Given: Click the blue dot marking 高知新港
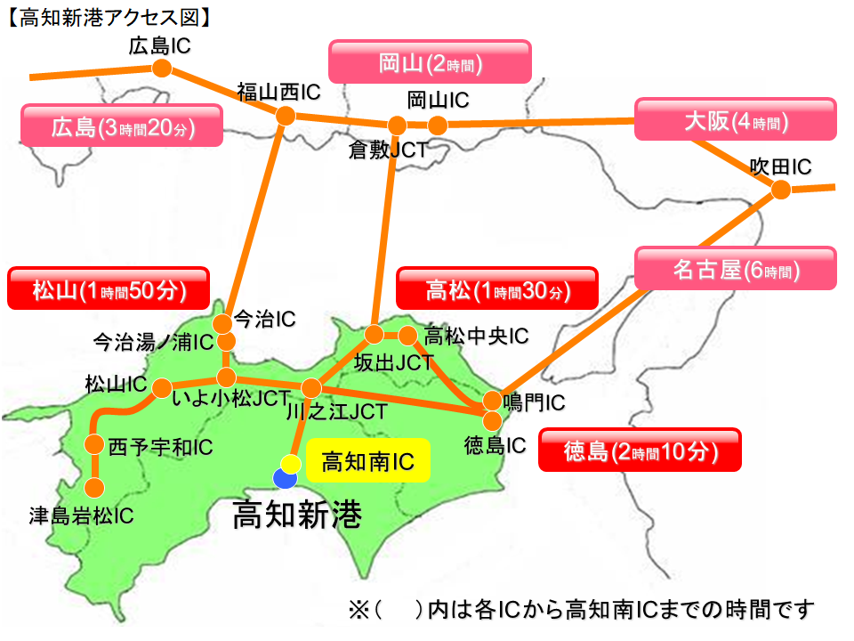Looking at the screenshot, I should tap(285, 478).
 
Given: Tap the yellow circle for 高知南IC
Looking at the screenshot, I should tap(291, 464).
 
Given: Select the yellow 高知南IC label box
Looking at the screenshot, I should tap(367, 461).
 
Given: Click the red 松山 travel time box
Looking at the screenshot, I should tap(108, 289).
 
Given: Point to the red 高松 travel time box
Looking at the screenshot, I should tap(495, 289).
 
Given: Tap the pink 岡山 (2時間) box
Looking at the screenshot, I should tap(430, 62).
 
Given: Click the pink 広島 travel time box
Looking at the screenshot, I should tap(122, 126).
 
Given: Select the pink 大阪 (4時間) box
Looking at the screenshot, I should tap(735, 120).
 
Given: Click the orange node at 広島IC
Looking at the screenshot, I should tap(161, 69).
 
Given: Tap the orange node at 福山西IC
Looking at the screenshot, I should tap(286, 116).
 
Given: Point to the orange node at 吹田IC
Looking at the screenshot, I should tap(781, 189).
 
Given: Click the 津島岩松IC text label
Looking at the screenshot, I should tap(81, 515).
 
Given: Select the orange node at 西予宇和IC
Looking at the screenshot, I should tap(94, 445).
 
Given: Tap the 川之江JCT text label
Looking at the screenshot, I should tap(337, 411).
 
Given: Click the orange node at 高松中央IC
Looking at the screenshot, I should tap(408, 336).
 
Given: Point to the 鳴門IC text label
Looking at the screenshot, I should tap(534, 402).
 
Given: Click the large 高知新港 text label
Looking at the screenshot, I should tap(297, 514).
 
